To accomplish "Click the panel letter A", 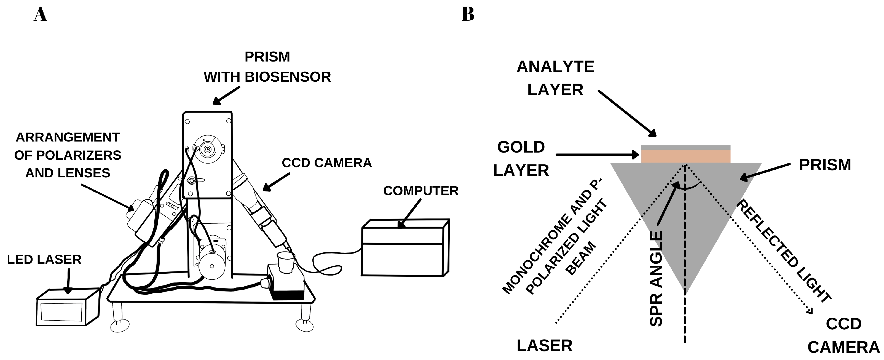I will click(x=40, y=15).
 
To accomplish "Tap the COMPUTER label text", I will click(x=421, y=191).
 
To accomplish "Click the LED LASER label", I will click(x=44, y=260).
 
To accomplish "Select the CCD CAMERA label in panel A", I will click(x=327, y=163).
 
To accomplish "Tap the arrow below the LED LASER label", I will click(x=68, y=281).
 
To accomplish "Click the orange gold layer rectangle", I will click(x=685, y=156).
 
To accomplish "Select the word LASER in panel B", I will click(x=545, y=346).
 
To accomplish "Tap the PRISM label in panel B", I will click(x=825, y=165).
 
